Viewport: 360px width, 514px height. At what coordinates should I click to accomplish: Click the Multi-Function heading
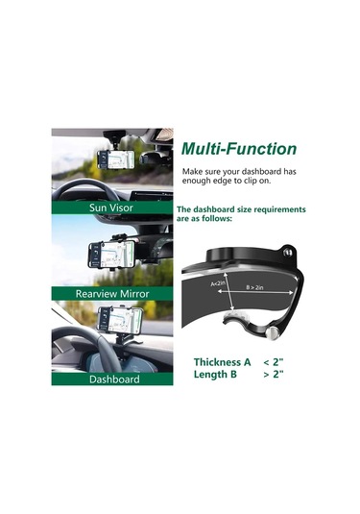(x=239, y=149)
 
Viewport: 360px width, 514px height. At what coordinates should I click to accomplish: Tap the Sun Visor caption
(x=111, y=208)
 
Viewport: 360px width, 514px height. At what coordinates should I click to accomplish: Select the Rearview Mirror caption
(x=112, y=293)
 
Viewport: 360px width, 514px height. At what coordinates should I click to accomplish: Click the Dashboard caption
(x=114, y=379)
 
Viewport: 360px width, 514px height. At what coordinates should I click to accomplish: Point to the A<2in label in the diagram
(x=218, y=283)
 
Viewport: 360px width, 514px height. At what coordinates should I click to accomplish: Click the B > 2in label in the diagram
(x=254, y=287)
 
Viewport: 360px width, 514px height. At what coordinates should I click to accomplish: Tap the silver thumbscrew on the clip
(x=272, y=333)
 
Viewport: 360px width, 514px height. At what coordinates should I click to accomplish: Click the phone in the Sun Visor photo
(x=116, y=159)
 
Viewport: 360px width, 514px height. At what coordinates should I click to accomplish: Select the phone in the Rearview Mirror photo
(x=112, y=256)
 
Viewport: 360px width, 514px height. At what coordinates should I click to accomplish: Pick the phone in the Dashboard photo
(x=121, y=319)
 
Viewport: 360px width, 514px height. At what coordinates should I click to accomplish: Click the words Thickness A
(x=222, y=362)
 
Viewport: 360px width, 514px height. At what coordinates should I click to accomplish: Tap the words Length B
(x=215, y=374)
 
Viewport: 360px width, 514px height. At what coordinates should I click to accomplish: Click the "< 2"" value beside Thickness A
(x=274, y=362)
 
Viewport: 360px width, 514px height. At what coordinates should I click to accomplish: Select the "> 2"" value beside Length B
(x=274, y=374)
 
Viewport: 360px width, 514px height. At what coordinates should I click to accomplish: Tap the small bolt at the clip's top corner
(x=289, y=252)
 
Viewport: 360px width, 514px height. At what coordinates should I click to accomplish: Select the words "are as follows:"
(x=204, y=219)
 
